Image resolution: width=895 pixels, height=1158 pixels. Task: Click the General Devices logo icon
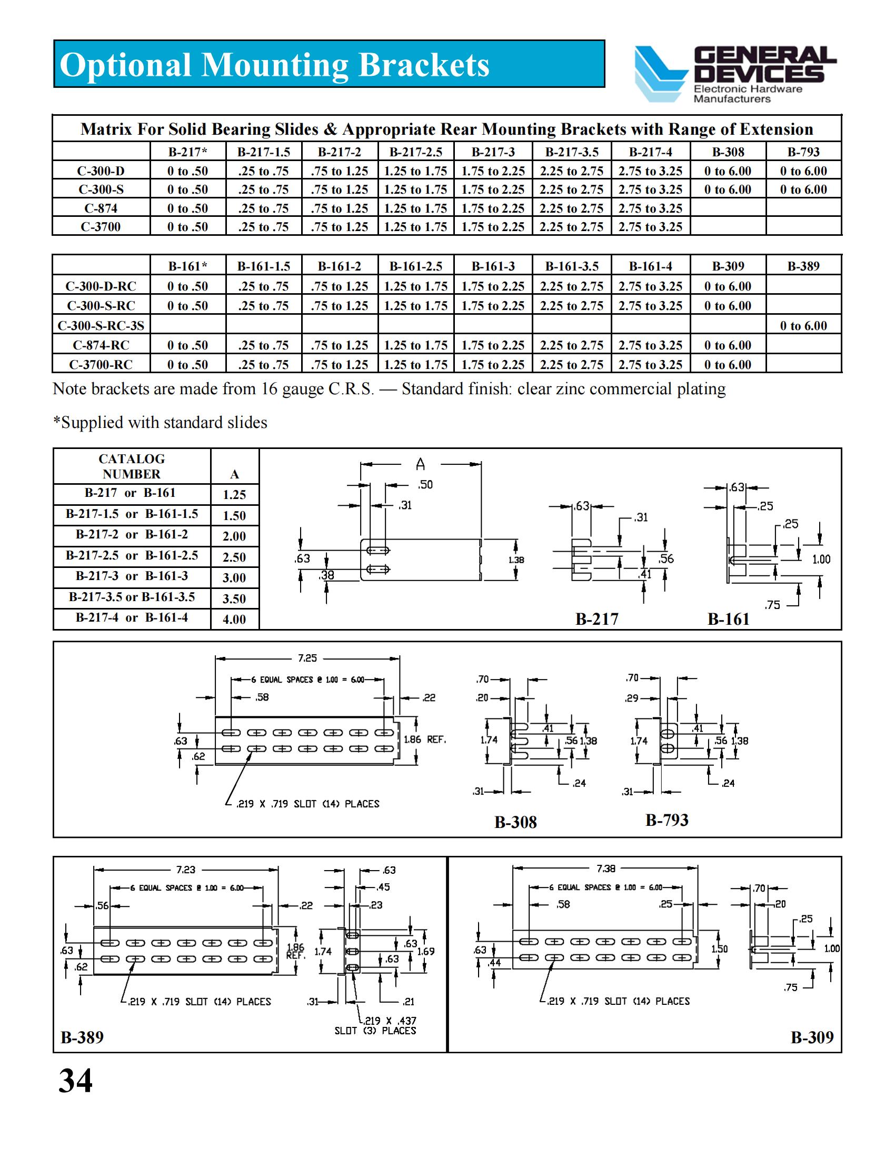pos(660,73)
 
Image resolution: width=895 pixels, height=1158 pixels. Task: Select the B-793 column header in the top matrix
pos(803,152)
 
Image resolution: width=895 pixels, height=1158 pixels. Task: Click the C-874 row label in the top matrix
pos(101,208)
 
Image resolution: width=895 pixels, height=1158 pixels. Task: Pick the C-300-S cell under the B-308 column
pos(728,189)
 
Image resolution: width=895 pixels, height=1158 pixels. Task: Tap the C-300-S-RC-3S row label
pos(101,325)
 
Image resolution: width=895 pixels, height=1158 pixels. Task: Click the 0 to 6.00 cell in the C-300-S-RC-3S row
pos(803,325)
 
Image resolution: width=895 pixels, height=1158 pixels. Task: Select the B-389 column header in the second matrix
pos(803,266)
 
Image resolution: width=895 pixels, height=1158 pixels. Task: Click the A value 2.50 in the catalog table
pos(234,557)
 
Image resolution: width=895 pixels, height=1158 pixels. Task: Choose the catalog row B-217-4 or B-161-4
pos(132,618)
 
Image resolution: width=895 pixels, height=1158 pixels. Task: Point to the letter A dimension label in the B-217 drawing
pos(420,465)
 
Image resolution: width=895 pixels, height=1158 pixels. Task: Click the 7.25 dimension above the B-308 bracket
pos(307,658)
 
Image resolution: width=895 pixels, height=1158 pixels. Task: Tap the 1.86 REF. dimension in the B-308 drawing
pos(425,740)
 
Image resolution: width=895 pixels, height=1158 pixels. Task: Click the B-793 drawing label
pos(667,820)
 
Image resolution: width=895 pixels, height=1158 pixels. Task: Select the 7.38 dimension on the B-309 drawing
pos(605,868)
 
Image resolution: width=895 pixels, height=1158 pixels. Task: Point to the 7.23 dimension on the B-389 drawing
pos(185,870)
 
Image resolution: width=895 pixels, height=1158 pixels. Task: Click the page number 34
pos(75,1082)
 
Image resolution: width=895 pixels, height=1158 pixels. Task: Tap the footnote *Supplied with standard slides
pos(160,423)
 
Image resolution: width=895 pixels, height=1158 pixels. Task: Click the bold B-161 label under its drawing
pos(728,620)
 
